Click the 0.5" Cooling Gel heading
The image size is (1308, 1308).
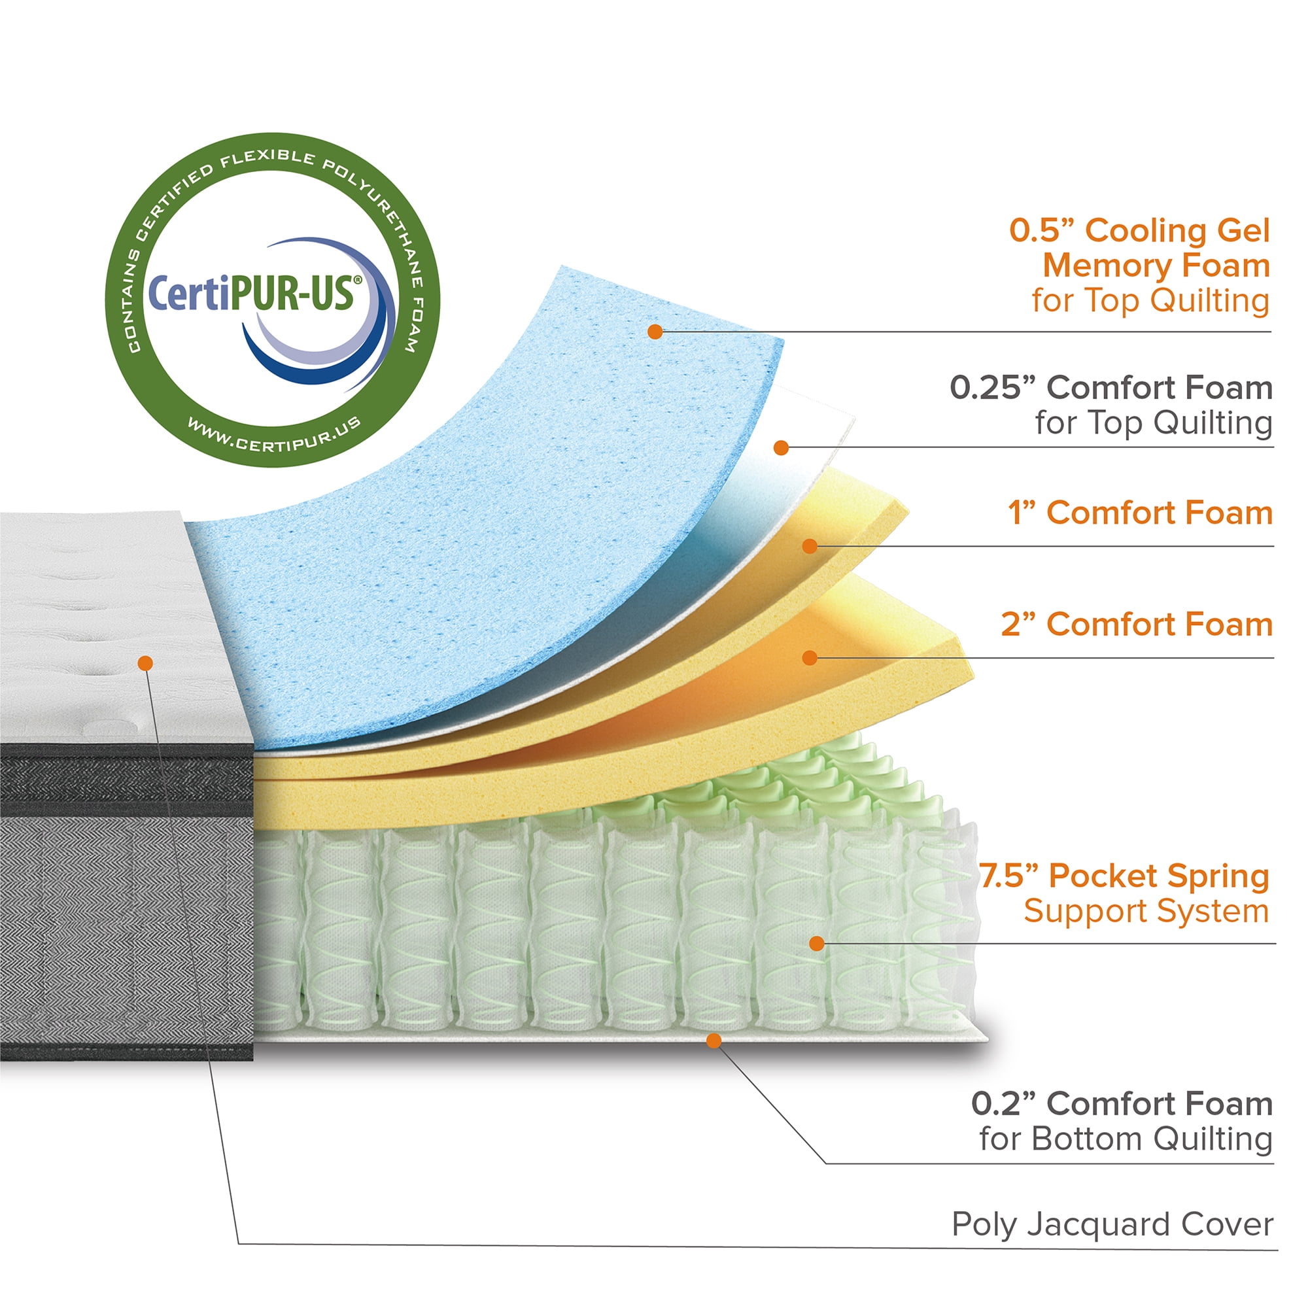click(1139, 230)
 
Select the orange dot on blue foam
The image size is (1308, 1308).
click(655, 332)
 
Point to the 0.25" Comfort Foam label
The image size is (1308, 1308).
click(1110, 388)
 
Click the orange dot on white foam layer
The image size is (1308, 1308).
click(782, 447)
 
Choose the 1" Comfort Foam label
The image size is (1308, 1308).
click(1140, 513)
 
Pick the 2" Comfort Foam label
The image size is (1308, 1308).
click(1137, 624)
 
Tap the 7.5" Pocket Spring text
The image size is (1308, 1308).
click(1124, 876)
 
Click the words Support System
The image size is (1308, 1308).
click(1146, 910)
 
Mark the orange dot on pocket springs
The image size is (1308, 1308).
click(817, 943)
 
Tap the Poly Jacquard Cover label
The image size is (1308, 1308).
click(1112, 1224)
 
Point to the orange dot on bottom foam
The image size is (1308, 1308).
click(714, 1041)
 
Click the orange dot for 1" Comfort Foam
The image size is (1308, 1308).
click(810, 545)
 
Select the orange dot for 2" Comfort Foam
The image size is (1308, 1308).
click(810, 657)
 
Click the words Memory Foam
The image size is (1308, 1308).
click(1156, 266)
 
